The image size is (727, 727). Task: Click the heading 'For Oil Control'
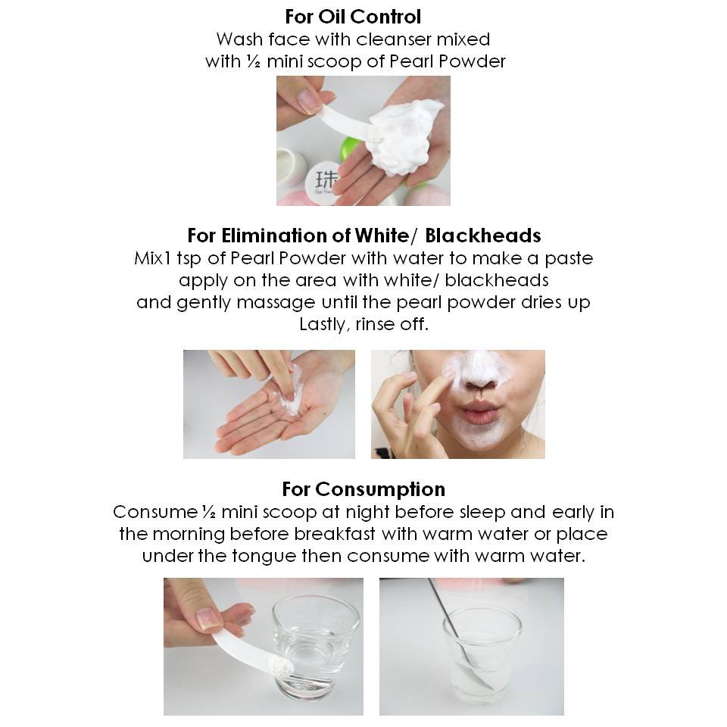(x=353, y=17)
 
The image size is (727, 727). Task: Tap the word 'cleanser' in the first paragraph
(x=394, y=39)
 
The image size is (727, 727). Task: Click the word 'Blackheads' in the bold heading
(x=482, y=236)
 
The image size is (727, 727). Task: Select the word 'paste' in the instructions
(x=569, y=259)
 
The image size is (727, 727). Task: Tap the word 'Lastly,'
(x=323, y=324)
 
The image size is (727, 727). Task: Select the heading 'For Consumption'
(x=363, y=489)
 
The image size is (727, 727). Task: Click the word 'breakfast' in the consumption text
(x=334, y=534)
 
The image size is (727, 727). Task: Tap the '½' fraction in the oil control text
(x=254, y=61)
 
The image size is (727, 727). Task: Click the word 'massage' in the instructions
(x=276, y=303)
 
